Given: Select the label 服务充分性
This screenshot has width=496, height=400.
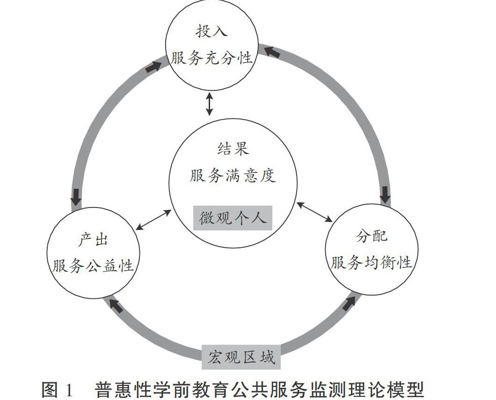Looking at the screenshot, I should (212, 58).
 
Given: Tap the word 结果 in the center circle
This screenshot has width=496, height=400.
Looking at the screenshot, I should (233, 148).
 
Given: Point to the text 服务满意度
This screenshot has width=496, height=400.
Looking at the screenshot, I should (233, 176).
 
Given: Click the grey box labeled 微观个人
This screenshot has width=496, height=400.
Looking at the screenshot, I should (233, 218).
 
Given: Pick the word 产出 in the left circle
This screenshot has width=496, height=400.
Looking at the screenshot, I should (93, 240).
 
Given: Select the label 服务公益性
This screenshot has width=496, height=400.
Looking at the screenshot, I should (93, 267).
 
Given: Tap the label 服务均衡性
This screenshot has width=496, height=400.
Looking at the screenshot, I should (372, 263).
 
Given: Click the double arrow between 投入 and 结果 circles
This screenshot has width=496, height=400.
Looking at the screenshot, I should (210, 104).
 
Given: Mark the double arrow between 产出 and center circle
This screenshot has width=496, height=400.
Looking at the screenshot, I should (154, 220).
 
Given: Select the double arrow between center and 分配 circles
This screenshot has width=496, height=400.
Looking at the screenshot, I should (314, 212).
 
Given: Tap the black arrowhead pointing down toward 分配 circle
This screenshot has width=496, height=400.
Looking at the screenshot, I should (385, 194).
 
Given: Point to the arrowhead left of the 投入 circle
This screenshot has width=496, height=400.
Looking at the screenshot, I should (152, 67).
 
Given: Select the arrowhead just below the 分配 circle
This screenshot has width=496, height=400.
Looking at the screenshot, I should (349, 304).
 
